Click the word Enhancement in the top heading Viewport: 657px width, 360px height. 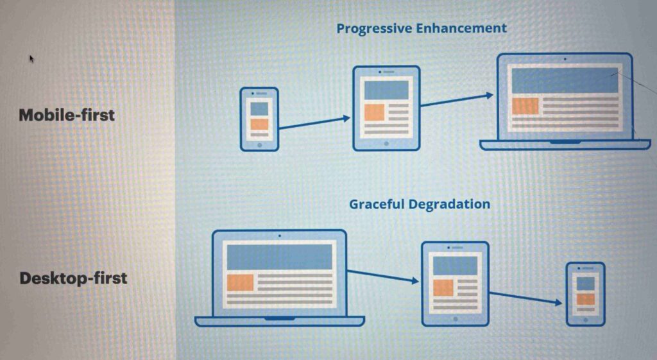(x=461, y=28)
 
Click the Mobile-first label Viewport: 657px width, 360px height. (x=67, y=115)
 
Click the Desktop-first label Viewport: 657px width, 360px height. (x=73, y=278)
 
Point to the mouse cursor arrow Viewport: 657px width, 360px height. (x=31, y=58)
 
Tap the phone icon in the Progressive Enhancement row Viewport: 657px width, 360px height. (x=259, y=119)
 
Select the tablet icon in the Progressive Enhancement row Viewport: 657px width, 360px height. (x=386, y=108)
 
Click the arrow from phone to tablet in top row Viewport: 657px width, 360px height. (x=314, y=123)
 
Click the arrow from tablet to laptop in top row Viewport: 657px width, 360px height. (x=457, y=101)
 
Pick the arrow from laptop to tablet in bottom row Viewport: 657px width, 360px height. (x=383, y=276)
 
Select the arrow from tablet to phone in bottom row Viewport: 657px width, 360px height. (x=525, y=298)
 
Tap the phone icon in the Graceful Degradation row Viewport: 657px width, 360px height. (x=585, y=294)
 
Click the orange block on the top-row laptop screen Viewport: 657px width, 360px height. (x=525, y=106)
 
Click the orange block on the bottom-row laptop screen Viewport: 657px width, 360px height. (x=241, y=283)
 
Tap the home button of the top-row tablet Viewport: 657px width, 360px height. (x=386, y=144)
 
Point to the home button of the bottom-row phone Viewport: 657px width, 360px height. (x=585, y=320)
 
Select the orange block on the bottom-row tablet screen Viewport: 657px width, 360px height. (x=443, y=287)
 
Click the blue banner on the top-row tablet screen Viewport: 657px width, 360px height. (x=386, y=90)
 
